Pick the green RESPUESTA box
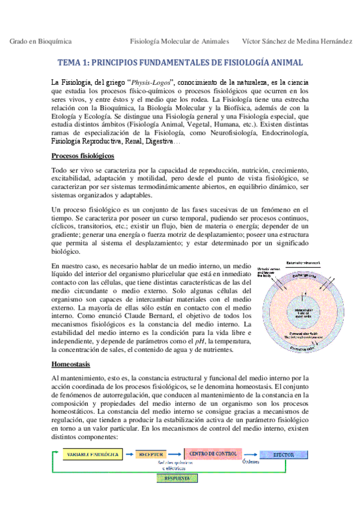177,478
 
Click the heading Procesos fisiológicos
82,156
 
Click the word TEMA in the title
69,63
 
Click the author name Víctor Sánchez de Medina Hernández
297,41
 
